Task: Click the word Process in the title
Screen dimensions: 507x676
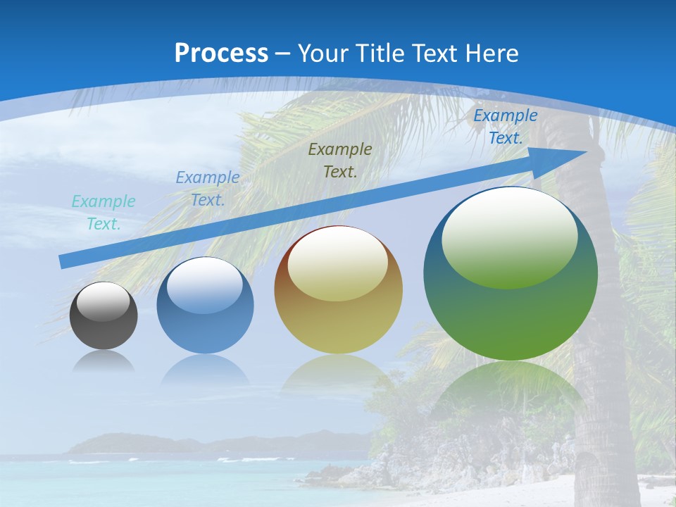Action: [221, 54]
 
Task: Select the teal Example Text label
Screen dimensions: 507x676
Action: [104, 212]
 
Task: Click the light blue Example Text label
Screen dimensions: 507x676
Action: [208, 188]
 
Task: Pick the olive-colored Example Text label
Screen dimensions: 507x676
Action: [340, 160]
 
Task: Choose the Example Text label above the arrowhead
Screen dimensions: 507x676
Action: [505, 127]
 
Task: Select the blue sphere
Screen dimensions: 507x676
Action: [205, 324]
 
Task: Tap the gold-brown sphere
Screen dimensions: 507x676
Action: [338, 317]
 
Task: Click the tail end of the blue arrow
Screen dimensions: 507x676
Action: [65, 261]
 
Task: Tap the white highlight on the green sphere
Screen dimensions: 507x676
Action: [509, 236]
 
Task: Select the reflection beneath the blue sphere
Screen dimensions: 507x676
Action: [205, 369]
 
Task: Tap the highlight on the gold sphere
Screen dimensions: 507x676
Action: [337, 264]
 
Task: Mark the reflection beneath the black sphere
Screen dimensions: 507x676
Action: [104, 361]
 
